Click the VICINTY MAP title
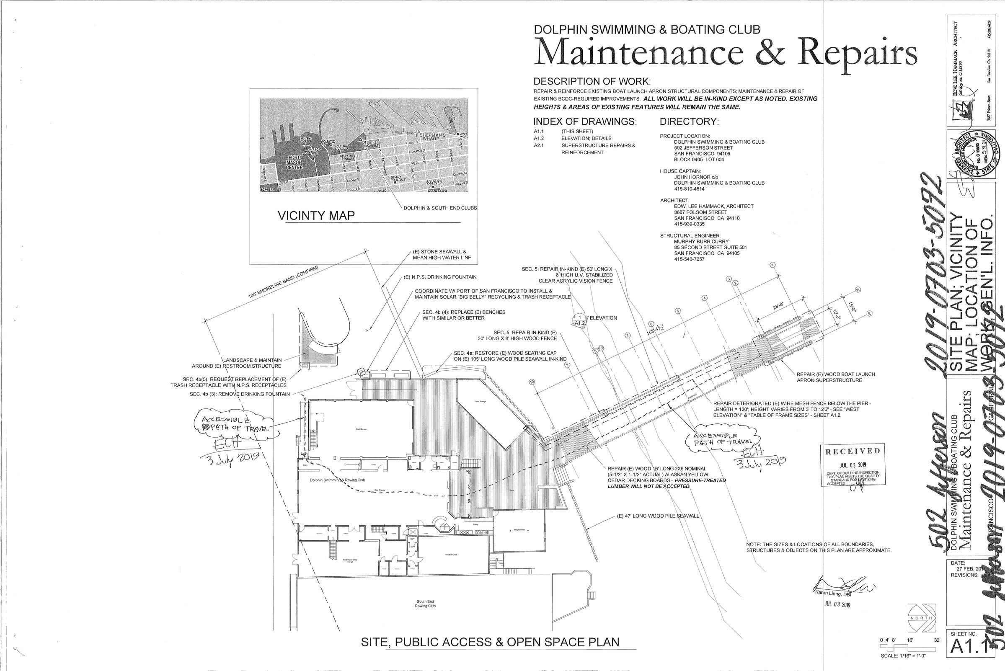316,215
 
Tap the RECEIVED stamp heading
853,451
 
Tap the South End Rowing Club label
425,616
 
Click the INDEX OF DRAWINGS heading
585,121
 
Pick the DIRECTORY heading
689,121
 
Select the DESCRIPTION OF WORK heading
592,82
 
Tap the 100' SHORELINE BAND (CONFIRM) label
283,282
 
